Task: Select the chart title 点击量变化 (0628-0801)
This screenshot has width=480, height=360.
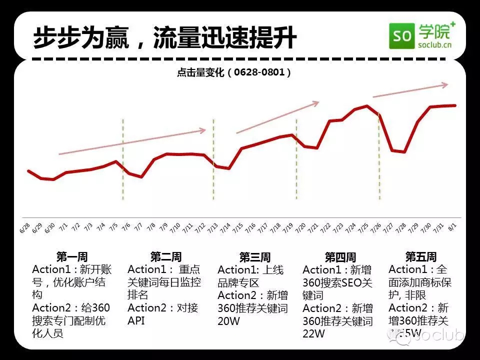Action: (234, 72)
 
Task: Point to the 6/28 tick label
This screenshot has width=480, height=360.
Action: (24, 228)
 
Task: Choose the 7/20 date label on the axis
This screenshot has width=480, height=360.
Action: (299, 229)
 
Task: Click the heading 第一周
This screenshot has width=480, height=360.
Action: (72, 257)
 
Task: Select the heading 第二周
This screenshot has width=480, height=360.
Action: (165, 257)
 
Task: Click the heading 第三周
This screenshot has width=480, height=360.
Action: (254, 257)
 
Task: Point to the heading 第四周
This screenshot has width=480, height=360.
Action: (340, 257)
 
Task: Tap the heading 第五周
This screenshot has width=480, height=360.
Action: (420, 257)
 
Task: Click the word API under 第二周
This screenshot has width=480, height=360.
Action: (136, 320)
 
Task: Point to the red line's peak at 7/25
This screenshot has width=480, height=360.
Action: (367, 106)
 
